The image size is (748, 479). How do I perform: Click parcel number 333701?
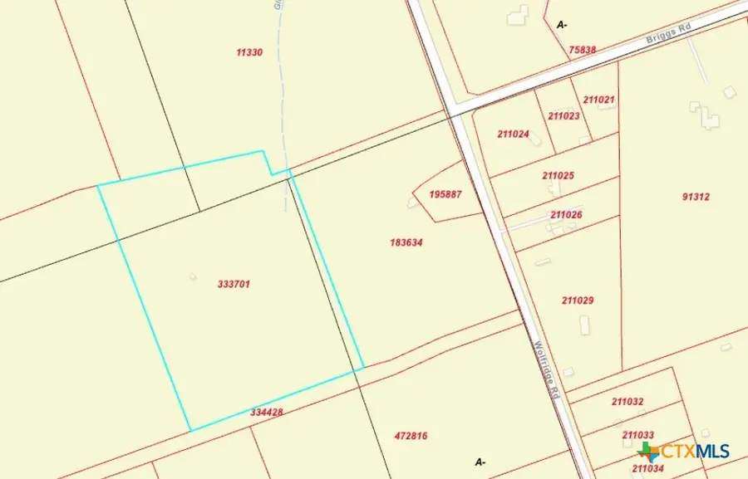[x=234, y=284]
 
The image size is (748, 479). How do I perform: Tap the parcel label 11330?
[x=249, y=52]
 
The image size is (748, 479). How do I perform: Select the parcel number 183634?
[x=406, y=243]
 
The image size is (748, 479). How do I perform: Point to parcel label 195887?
[x=445, y=194]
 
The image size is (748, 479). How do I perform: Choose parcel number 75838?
[x=582, y=50]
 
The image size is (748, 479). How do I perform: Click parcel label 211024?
[x=514, y=134]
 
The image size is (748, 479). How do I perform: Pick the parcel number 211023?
[x=564, y=116]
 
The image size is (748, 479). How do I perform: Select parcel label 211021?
[x=598, y=100]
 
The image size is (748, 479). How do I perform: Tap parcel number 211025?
[x=559, y=176]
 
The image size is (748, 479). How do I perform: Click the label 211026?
[x=566, y=215]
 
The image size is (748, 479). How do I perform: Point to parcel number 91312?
[x=696, y=197]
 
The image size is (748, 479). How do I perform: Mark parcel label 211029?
[x=577, y=301]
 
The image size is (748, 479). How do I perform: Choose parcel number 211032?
[x=627, y=402]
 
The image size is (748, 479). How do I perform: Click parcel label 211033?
[x=637, y=435]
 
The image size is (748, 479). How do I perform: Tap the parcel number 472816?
[x=411, y=436]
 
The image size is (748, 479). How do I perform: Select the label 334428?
[x=267, y=412]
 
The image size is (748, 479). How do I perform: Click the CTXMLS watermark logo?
[x=685, y=452]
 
